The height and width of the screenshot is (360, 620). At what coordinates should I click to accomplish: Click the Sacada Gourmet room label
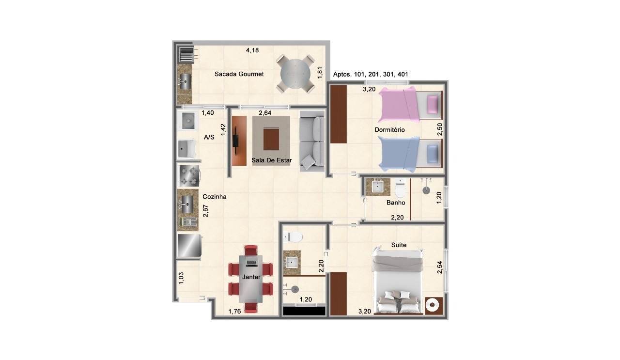tap(239, 74)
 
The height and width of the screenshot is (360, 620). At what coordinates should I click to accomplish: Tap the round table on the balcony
tap(295, 74)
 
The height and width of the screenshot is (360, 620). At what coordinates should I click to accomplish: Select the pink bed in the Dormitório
tap(410, 104)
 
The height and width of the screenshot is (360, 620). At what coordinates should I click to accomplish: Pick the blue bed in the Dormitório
tap(410, 154)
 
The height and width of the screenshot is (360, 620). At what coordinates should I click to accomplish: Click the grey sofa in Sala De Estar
tap(312, 141)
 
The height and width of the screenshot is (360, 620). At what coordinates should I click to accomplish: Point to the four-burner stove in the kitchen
tap(189, 176)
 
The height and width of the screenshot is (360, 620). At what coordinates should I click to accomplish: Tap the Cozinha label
tap(215, 197)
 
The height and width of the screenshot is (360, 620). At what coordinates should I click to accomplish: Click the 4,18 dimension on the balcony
tap(252, 50)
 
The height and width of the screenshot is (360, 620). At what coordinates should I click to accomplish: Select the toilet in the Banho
tap(400, 188)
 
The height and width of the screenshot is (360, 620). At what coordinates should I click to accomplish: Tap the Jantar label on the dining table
tap(251, 277)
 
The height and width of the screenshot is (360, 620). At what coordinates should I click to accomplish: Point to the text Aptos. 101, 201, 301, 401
tap(371, 74)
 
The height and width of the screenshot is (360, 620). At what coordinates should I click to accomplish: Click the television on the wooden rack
tap(235, 141)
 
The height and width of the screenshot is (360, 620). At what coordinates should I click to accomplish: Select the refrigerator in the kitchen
tap(189, 245)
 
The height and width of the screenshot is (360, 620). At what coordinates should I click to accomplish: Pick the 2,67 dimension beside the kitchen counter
tap(206, 211)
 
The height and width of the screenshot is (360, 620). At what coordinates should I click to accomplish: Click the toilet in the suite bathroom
tap(293, 237)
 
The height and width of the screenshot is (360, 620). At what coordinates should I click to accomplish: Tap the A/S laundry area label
tap(209, 137)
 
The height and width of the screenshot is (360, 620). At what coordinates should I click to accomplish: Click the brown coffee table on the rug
tap(271, 139)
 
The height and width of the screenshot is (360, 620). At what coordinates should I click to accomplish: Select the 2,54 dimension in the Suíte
tap(439, 267)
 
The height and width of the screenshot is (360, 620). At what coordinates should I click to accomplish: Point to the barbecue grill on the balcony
tap(186, 55)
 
